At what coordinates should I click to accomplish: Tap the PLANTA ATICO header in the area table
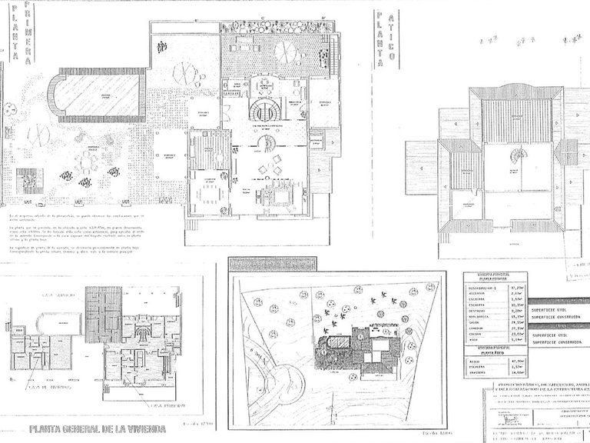click(x=483, y=351)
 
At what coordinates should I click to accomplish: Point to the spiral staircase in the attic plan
click(x=520, y=155)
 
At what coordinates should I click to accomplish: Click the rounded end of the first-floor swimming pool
click(x=55, y=95)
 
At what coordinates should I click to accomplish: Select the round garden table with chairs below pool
click(x=87, y=162)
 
